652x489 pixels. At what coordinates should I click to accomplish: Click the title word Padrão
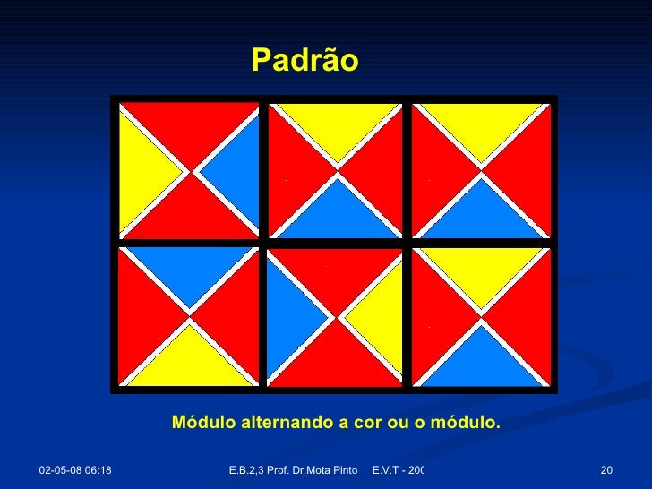(305, 61)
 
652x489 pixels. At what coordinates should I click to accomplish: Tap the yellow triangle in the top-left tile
(143, 169)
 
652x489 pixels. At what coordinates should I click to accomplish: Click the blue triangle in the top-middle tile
(336, 210)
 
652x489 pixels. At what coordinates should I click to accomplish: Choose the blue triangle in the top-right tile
(482, 210)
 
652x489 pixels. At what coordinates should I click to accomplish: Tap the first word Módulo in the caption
(206, 422)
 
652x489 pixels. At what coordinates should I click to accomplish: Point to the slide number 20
(606, 470)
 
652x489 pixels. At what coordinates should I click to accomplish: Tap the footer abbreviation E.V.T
(385, 470)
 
